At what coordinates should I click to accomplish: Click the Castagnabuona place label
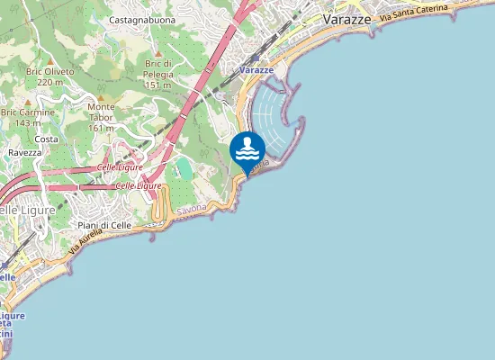coord(141,19)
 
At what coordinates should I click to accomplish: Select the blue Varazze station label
coord(256,69)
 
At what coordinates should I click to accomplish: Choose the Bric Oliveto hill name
coord(49,70)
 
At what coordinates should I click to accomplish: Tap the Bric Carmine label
coord(28,112)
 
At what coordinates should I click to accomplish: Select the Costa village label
coord(46,139)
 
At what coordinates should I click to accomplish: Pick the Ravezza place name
coord(25,153)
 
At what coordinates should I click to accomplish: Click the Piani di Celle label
coord(104,225)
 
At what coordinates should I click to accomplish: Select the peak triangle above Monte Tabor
coord(101,96)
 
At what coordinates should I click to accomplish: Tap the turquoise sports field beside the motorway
coord(184,168)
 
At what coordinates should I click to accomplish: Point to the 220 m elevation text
coord(49,82)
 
